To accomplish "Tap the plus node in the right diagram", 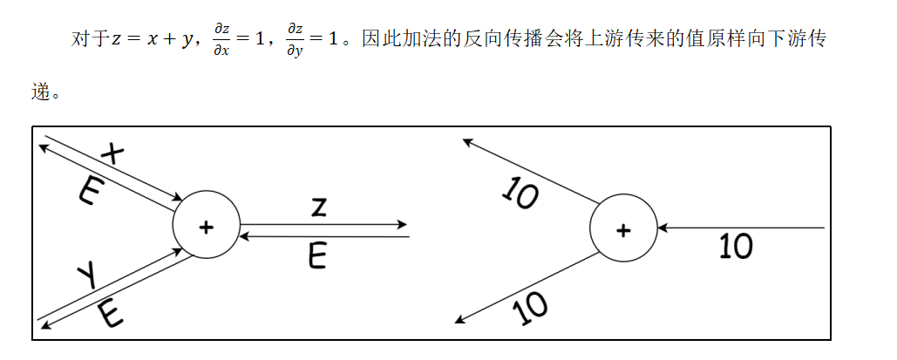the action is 622,230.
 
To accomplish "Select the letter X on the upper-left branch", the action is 113,153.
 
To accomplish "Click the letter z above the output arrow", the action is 319,207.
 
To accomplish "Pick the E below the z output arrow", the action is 318,255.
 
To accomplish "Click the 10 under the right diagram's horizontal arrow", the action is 736,248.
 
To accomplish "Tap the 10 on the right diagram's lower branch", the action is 531,306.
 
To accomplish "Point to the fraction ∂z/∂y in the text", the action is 296,40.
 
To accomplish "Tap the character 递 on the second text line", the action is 39,92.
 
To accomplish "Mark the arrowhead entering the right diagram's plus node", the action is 662,228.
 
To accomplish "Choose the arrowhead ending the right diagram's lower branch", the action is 460,320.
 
